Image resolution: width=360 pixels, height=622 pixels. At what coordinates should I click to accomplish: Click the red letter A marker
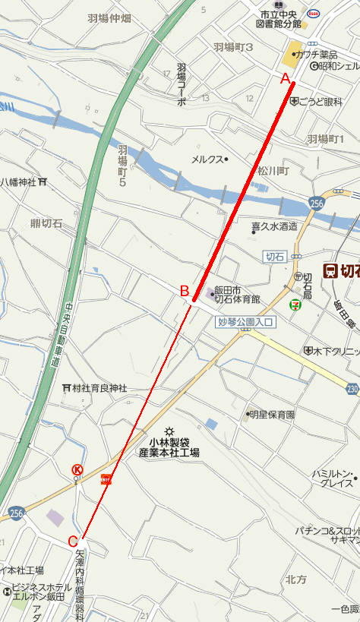pos(286,78)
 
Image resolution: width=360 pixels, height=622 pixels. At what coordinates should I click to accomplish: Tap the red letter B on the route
pos(184,290)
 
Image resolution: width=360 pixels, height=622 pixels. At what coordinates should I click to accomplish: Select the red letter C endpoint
pos(73,541)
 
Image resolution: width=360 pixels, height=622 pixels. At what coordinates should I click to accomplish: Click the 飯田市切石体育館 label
pos(237,294)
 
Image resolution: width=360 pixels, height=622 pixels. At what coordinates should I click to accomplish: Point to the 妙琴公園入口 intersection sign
pos(245,323)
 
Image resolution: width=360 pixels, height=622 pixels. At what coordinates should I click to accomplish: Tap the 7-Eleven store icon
pos(293,304)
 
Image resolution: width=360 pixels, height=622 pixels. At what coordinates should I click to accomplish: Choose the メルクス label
pos(207,159)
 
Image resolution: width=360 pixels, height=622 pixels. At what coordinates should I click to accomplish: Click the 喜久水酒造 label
pos(274,226)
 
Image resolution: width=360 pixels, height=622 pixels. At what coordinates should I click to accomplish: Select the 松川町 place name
pos(273,172)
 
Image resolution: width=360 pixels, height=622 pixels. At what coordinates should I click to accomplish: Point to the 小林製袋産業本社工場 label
pos(169,447)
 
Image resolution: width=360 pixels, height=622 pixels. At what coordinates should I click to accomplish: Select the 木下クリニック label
pos(334,351)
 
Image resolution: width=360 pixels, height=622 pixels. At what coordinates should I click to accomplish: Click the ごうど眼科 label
pos(320,101)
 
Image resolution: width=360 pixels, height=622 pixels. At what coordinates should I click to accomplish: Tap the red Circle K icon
pos(77,469)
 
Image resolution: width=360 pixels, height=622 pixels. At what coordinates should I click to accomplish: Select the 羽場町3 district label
pos(232,47)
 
